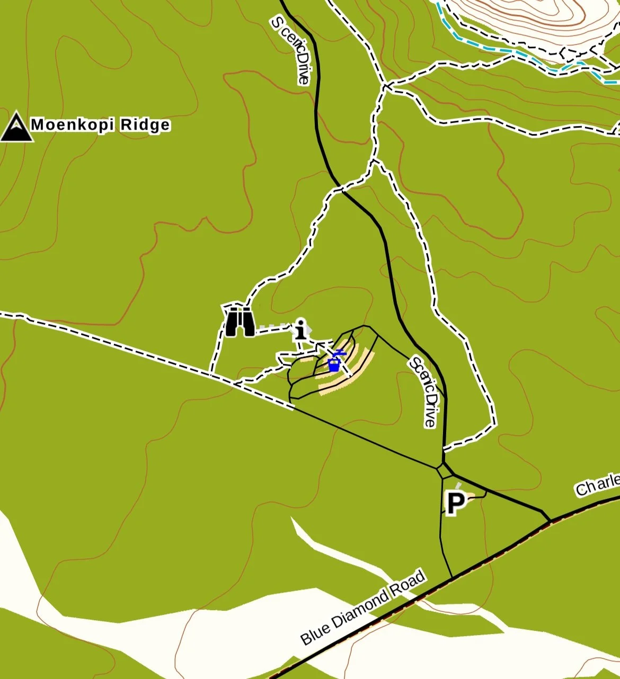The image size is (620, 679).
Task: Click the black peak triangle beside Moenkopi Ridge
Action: (16, 128)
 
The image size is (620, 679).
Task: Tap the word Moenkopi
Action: (72, 125)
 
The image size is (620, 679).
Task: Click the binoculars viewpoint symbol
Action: (240, 321)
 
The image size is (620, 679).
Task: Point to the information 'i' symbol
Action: (301, 329)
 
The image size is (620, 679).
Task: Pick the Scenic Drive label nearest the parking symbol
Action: (425, 392)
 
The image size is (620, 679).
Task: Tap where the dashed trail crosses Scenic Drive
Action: (340, 188)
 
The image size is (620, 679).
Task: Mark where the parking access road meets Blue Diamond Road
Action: (452, 577)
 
